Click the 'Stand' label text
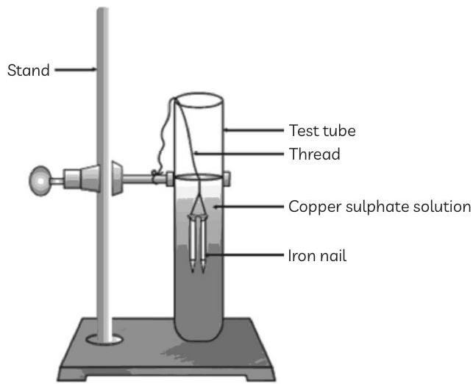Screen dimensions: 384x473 point(28,71)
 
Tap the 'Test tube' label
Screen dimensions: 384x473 point(321,131)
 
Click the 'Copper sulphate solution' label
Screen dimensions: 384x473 point(379,207)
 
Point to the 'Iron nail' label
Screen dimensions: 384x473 point(317,256)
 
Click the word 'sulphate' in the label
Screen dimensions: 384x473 point(374,207)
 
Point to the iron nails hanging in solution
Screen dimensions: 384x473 point(198,243)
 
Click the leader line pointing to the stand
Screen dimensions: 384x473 point(75,71)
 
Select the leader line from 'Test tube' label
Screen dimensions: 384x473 point(254,131)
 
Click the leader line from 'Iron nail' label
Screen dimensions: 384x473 point(245,256)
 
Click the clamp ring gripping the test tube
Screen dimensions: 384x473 point(198,177)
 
